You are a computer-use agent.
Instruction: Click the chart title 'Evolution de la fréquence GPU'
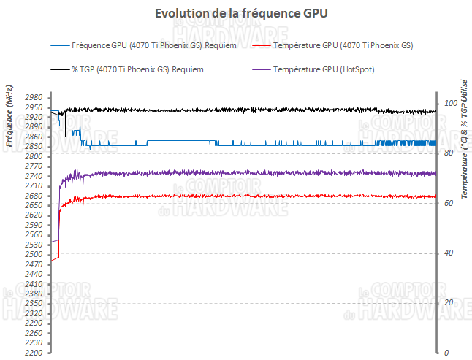point(236,14)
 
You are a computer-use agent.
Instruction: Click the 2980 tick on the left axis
point(34,97)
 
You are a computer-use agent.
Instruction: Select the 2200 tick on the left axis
point(34,353)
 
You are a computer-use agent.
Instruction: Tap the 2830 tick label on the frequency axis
point(34,146)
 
